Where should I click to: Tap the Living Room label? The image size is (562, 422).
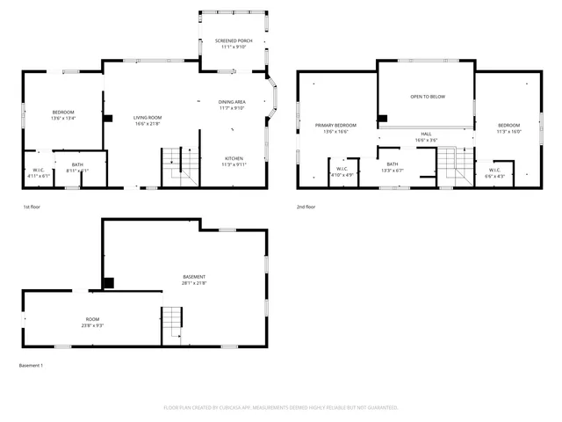(x=148, y=120)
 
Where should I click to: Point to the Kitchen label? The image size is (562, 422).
(x=233, y=162)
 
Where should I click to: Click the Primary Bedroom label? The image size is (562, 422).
(x=335, y=128)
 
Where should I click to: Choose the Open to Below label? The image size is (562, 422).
(x=426, y=97)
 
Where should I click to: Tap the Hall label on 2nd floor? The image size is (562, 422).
(x=426, y=136)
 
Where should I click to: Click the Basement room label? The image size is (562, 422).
(x=194, y=280)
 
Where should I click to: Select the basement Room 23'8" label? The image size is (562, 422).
(x=92, y=322)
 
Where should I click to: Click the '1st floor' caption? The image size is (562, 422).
(x=32, y=207)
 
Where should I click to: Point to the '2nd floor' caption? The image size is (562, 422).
(x=306, y=207)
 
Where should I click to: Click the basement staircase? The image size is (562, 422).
(x=172, y=325)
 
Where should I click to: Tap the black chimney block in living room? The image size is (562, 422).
(x=108, y=117)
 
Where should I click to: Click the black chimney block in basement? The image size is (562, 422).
(x=108, y=283)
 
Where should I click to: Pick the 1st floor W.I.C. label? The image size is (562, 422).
(x=39, y=172)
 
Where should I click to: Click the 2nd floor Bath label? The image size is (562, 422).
(x=392, y=167)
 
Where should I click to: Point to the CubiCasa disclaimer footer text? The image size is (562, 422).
(x=281, y=407)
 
